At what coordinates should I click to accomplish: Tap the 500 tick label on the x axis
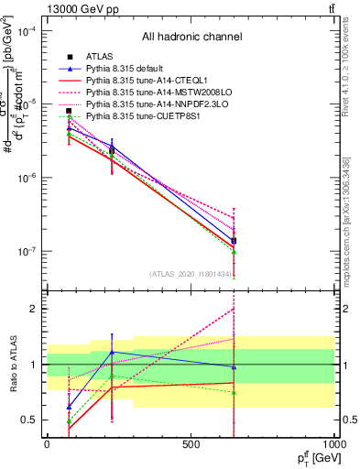click(x=191, y=444)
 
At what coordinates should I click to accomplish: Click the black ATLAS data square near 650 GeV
click(x=234, y=241)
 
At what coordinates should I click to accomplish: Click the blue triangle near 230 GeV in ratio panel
click(x=112, y=352)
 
